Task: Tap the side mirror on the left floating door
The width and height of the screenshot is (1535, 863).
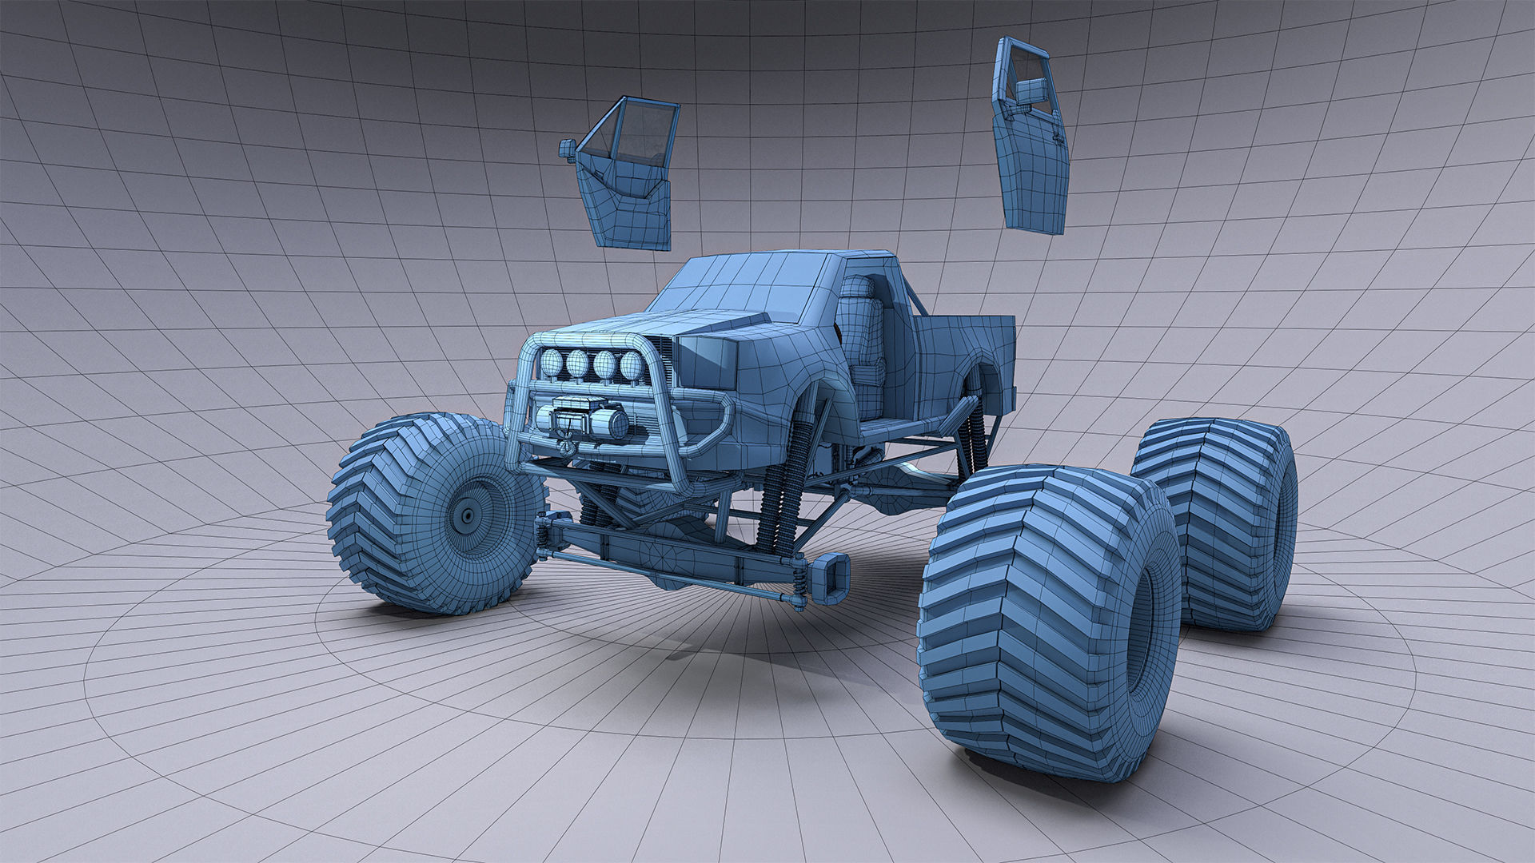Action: pos(568,149)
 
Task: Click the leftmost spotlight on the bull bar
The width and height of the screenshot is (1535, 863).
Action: pos(551,364)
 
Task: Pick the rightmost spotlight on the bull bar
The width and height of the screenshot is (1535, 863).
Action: pos(632,365)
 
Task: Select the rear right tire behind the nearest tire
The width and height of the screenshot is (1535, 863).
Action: pos(1215,519)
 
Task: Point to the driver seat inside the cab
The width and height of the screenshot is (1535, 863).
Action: pos(862,336)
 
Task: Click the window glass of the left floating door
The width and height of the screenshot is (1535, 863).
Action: pos(632,136)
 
